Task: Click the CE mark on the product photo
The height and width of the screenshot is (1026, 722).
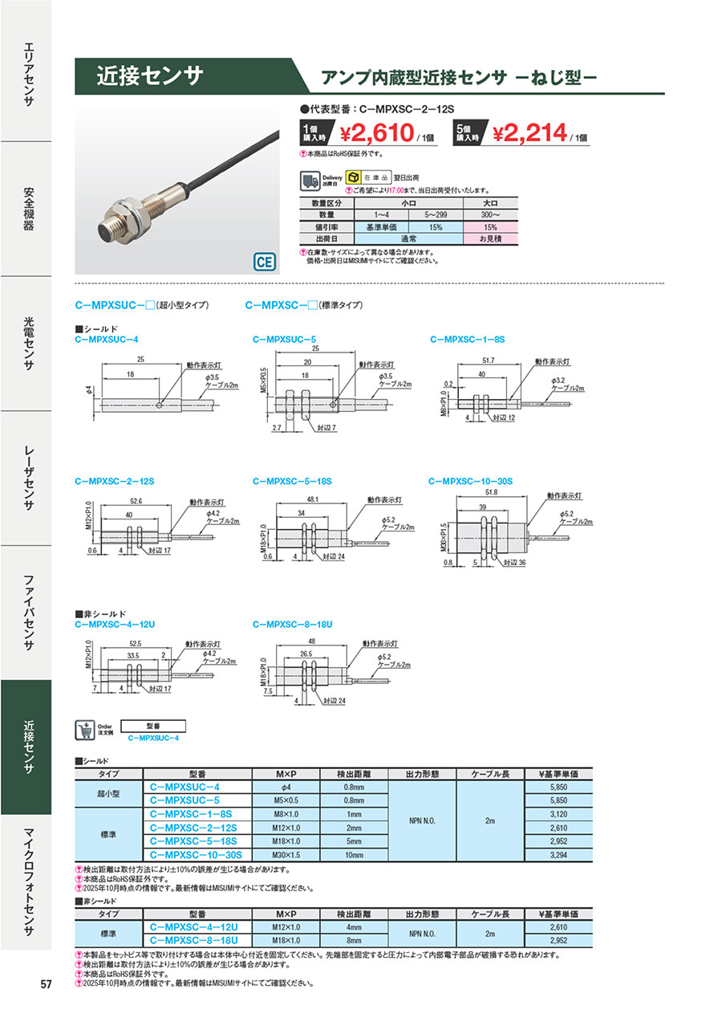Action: click(x=264, y=262)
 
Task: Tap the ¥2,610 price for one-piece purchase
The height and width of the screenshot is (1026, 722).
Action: click(x=376, y=132)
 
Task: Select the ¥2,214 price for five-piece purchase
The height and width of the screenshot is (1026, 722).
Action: click(x=530, y=132)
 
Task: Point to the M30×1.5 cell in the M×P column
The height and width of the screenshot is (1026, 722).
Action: click(x=286, y=856)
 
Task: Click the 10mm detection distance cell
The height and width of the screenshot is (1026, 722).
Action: click(x=355, y=856)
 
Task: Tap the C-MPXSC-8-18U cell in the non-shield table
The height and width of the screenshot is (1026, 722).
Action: click(x=196, y=939)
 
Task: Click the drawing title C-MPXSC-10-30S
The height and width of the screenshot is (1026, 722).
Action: click(x=470, y=481)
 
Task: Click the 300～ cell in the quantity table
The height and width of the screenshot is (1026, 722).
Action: click(x=489, y=215)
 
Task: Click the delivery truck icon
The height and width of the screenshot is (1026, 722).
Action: click(x=310, y=180)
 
